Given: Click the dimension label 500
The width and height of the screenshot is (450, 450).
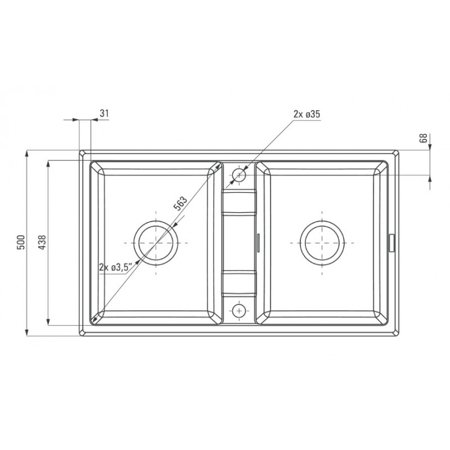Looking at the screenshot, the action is [x=21, y=242].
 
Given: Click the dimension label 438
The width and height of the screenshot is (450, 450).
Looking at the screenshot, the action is [x=42, y=242].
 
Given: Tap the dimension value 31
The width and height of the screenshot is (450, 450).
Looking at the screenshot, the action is [x=104, y=114].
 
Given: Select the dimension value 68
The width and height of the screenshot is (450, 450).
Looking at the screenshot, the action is [x=424, y=138].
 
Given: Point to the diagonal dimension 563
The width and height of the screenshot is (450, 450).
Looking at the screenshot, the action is [x=181, y=204].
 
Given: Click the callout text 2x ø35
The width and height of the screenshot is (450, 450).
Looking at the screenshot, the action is [x=307, y=114].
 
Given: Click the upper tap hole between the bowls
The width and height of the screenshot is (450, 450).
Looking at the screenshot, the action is [x=238, y=175].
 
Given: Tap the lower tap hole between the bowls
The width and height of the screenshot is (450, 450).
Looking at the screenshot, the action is [x=238, y=310].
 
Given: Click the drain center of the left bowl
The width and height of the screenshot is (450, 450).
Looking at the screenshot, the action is [x=156, y=243].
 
